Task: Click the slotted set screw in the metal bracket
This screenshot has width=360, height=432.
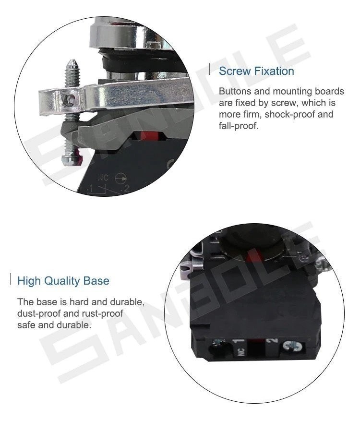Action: click(69, 100)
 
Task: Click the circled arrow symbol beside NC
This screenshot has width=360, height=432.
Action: click(121, 179)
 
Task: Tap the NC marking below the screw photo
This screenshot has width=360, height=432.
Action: click(103, 178)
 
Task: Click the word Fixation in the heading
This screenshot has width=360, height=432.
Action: click(274, 71)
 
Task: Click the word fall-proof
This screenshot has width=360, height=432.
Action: click(239, 126)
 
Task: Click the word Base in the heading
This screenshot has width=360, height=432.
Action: click(96, 281)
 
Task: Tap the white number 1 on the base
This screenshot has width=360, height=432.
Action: click(239, 341)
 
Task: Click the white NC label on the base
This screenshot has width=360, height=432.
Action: click(241, 352)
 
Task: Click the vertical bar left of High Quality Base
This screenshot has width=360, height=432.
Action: click(11, 279)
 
